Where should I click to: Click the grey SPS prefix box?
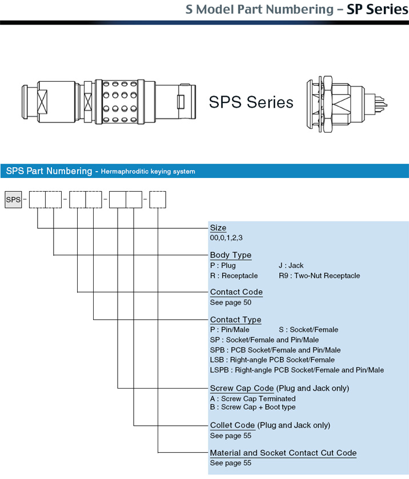[13, 200]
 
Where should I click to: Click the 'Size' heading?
[218, 228]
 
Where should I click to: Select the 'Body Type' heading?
[231, 255]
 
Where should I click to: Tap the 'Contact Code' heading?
[236, 292]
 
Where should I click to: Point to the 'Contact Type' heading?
[236, 320]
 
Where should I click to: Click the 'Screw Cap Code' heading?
[242, 388]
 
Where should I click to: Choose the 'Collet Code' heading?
[232, 425]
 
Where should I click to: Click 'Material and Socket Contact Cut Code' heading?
[283, 453]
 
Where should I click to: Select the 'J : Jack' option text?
[291, 266]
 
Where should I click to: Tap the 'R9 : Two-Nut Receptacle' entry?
[319, 276]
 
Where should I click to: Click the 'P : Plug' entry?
[223, 266]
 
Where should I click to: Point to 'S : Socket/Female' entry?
[308, 330]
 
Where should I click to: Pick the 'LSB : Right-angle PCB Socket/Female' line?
[272, 360]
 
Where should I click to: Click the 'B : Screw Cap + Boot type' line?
[253, 407]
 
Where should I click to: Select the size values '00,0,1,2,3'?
[226, 238]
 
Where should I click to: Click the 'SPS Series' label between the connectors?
[251, 102]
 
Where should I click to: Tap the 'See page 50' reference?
[231, 303]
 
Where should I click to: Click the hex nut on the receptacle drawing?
[327, 104]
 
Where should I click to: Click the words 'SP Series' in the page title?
[378, 10]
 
